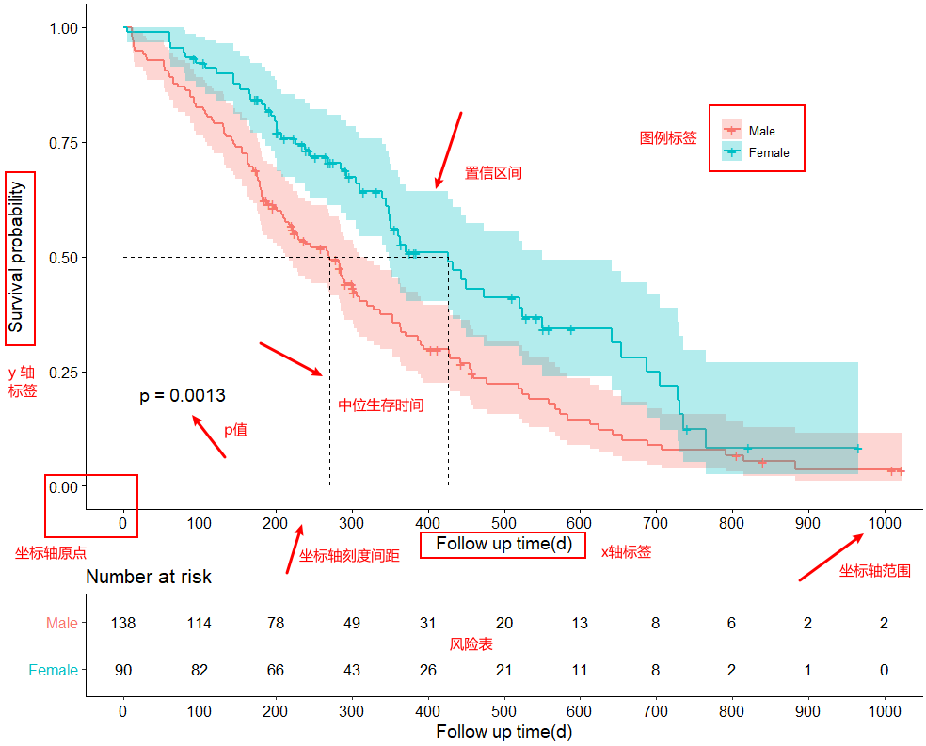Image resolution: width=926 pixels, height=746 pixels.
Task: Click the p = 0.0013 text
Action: (183, 397)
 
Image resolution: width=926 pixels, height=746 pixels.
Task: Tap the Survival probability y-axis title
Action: (18, 257)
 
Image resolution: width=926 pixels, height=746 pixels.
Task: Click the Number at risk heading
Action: (149, 577)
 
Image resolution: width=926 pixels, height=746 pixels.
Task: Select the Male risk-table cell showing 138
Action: (123, 623)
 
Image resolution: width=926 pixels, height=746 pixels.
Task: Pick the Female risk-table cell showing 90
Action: (123, 670)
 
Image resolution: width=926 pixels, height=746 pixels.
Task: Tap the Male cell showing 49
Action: (352, 623)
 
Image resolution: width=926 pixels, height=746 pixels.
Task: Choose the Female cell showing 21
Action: (504, 670)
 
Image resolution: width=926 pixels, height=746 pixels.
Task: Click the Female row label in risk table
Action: (54, 670)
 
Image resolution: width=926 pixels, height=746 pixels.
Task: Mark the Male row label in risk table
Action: (62, 623)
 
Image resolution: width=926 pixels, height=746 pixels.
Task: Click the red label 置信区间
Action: (493, 173)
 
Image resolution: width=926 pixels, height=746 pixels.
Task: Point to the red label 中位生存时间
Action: (381, 405)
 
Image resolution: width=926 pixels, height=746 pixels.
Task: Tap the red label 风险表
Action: (471, 644)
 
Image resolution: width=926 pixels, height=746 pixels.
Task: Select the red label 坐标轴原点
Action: (56, 553)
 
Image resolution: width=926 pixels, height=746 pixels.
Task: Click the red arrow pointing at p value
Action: (209, 437)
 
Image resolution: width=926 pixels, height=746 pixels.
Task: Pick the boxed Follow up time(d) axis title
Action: (503, 545)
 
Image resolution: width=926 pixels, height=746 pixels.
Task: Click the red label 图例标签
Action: (668, 138)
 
